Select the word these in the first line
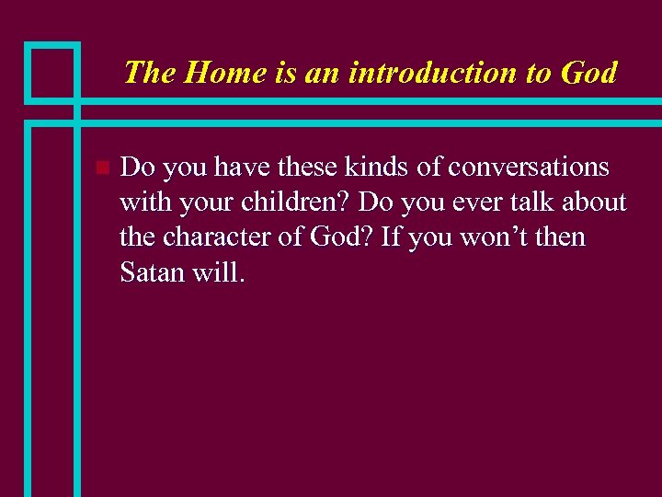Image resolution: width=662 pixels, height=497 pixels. coord(308,167)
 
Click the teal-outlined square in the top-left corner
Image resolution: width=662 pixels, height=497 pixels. coord(51,71)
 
